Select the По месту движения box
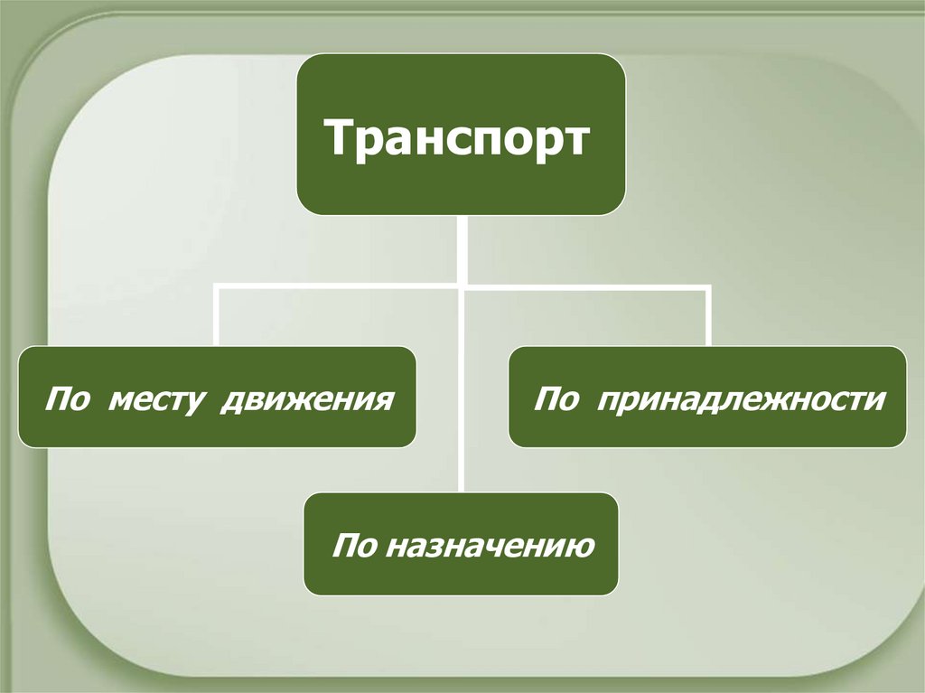217,397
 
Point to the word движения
305,398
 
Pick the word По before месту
70,398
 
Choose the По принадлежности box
707,397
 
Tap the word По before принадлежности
556,398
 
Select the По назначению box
461,543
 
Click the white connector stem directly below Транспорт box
462,248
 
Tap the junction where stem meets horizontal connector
462,287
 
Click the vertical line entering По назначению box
462,470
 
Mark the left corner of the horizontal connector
217,287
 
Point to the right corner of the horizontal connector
708,287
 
